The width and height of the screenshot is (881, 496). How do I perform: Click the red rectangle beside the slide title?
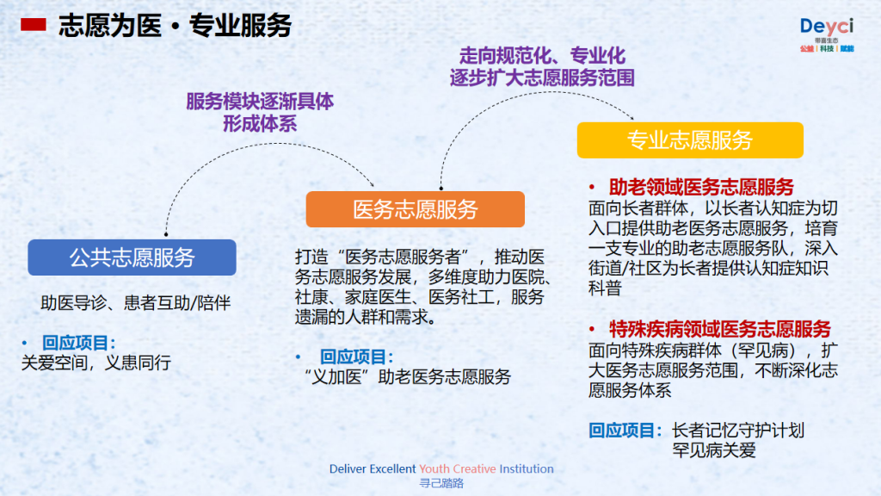34,25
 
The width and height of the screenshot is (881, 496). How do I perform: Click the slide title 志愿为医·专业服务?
175,26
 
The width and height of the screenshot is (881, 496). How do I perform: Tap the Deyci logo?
827,34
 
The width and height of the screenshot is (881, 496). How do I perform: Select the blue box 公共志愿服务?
132,257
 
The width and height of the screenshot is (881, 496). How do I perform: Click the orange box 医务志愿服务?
416,209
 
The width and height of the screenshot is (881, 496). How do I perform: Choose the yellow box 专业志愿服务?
690,140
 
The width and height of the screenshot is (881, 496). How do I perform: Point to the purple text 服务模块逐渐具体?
260,102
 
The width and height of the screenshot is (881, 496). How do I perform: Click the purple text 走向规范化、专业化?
542,56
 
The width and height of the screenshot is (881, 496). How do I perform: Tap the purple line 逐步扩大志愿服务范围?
542,77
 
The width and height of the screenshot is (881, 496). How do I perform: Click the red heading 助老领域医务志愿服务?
701,187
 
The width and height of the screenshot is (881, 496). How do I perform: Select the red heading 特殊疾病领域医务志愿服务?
720,329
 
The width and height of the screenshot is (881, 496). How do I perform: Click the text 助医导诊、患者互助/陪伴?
135,303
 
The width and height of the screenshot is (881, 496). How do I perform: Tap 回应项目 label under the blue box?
78,343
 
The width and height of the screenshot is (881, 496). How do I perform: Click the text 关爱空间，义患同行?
96,363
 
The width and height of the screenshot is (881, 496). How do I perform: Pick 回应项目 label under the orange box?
356,356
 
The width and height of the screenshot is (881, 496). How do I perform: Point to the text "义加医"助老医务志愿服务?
407,377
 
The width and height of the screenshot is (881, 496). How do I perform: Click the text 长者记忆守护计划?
738,431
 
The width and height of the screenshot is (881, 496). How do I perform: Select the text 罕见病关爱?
713,450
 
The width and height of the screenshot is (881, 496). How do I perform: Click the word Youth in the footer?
434,469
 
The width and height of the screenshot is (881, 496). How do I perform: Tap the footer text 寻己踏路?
441,483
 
